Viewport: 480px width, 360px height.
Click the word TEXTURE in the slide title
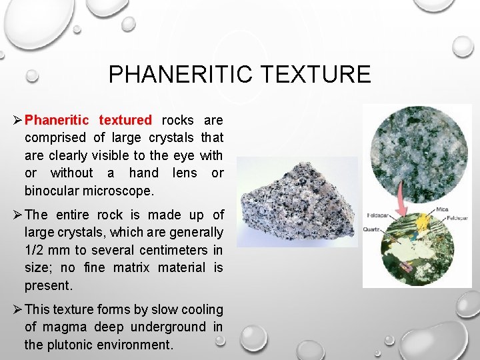coord(318,73)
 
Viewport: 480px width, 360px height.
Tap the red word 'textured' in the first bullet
coord(125,120)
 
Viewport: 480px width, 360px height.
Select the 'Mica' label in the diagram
coord(442,209)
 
